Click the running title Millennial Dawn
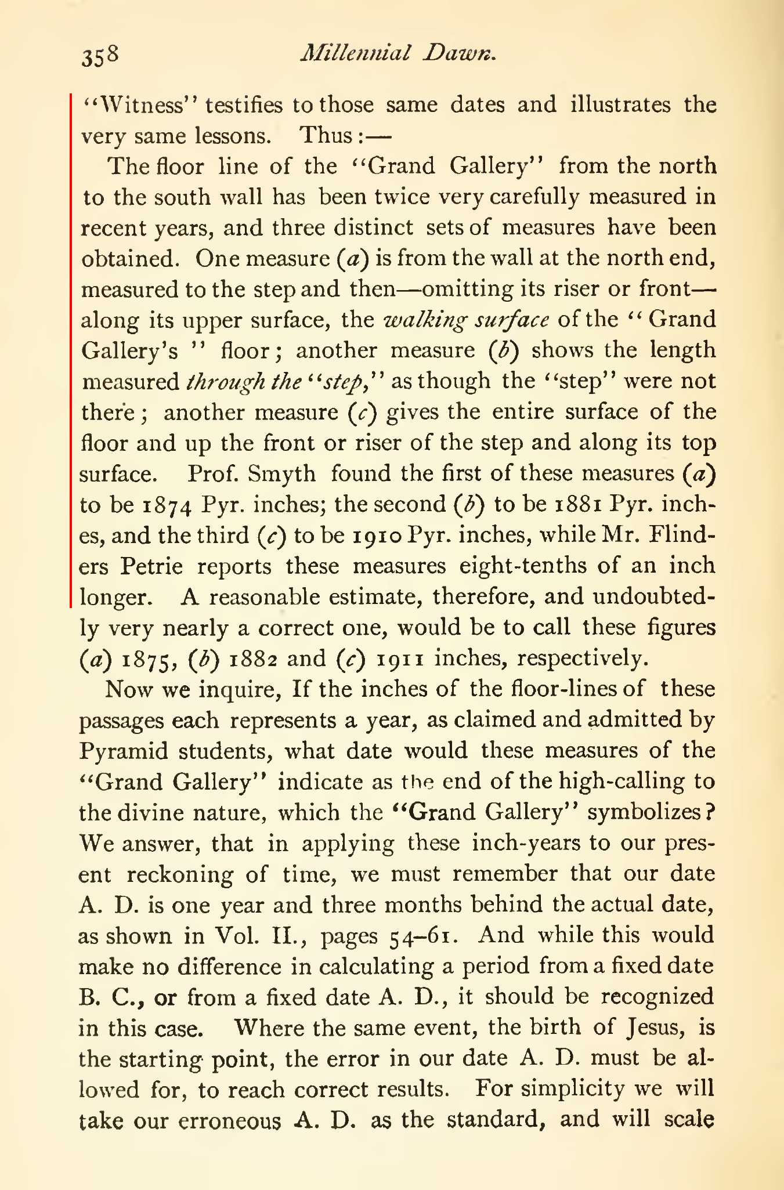pyautogui.click(x=398, y=53)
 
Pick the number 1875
pyautogui.click(x=150, y=660)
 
